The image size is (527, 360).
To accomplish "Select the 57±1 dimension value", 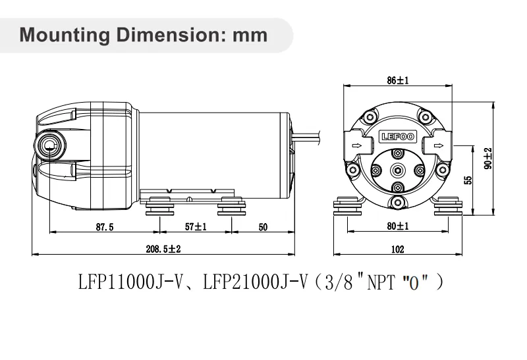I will click(195, 226).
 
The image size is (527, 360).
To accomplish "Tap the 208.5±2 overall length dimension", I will click(163, 249).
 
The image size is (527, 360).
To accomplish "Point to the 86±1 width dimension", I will click(397, 80).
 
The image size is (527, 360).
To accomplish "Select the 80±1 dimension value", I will click(397, 226).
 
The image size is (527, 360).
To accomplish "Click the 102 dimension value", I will click(397, 249).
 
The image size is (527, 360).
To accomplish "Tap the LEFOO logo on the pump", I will click(397, 138).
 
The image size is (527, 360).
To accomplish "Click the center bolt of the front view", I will click(397, 170).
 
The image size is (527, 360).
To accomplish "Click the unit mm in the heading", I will click(250, 34).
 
